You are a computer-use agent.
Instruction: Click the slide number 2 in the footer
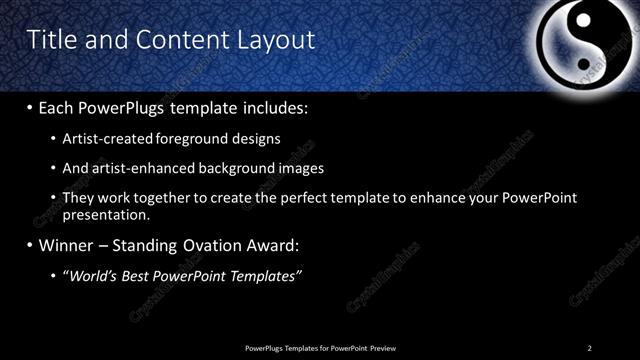(590, 347)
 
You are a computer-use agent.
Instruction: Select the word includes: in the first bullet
(273, 106)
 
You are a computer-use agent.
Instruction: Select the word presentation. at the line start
(106, 214)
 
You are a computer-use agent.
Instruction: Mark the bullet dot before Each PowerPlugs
(30, 107)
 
